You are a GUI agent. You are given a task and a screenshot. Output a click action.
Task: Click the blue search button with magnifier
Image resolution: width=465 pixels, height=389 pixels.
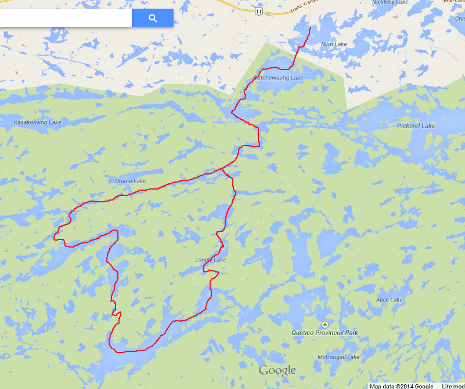(x=153, y=18)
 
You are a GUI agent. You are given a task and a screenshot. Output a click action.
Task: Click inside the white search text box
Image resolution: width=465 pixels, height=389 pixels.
(x=64, y=18)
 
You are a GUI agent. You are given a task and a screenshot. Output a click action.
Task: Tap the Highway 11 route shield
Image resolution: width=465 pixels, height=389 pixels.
(x=258, y=11)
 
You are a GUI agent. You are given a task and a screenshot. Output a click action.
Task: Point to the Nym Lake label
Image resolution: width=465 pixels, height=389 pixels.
(x=334, y=45)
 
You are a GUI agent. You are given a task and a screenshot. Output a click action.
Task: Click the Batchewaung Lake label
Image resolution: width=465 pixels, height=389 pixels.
(x=279, y=78)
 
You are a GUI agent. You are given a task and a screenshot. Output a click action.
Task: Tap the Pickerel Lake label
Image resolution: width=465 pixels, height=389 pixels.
(x=416, y=126)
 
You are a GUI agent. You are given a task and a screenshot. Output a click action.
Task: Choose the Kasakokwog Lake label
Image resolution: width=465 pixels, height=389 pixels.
(x=37, y=122)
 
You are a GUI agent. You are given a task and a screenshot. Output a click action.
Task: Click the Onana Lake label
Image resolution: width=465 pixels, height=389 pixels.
(x=131, y=181)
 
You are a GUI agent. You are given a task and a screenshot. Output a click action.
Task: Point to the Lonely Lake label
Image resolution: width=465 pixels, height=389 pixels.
(x=211, y=260)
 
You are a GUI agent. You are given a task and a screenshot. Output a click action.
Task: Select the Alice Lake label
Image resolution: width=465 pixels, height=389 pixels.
(x=390, y=300)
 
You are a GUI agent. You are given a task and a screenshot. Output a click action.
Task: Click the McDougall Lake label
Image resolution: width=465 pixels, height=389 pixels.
(x=339, y=357)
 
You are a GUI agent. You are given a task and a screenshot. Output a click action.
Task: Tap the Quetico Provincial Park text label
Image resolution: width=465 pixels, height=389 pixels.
(x=325, y=333)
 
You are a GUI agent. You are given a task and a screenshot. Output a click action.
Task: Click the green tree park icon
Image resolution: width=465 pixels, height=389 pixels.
(x=325, y=324)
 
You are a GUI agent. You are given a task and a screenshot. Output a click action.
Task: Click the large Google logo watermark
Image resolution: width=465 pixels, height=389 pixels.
(x=277, y=371)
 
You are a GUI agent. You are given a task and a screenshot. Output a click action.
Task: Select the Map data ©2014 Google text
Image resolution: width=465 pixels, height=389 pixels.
(x=401, y=386)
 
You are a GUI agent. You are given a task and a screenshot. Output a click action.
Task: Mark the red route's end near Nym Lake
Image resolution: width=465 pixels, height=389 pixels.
(x=311, y=27)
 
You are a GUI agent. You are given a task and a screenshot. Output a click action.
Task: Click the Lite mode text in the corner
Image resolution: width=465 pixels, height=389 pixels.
(x=453, y=386)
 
